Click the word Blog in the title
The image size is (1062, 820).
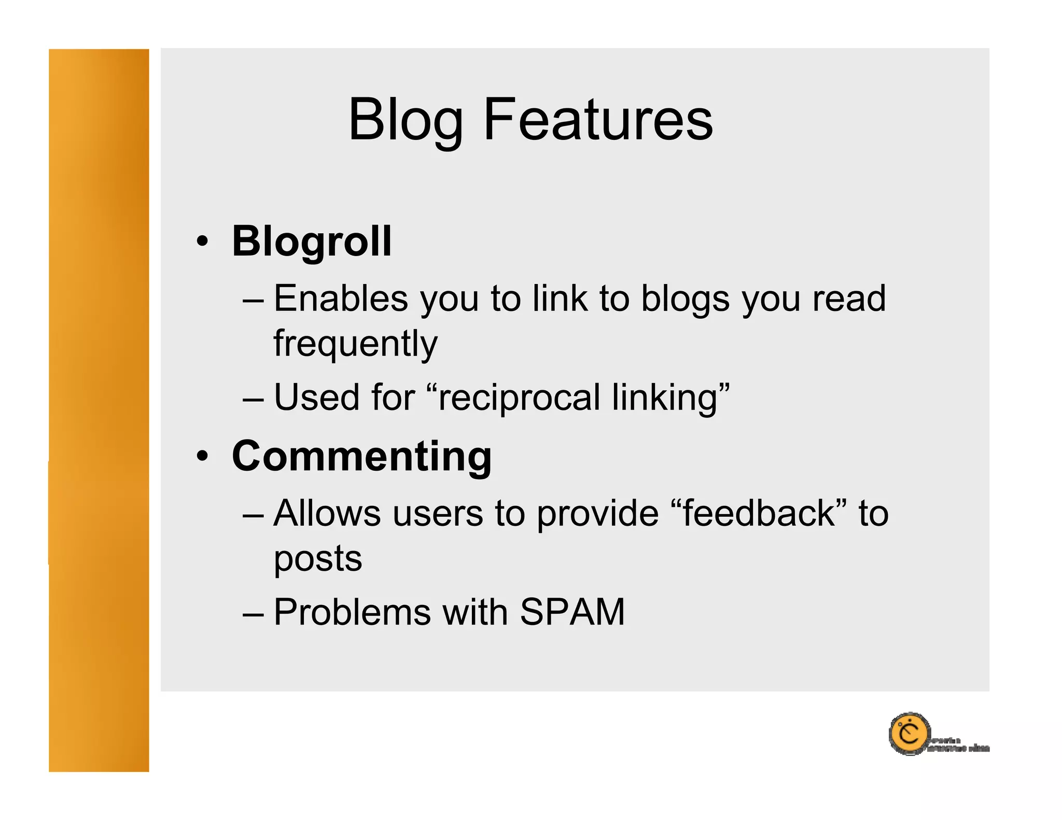(x=406, y=120)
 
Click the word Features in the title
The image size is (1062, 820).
(x=598, y=120)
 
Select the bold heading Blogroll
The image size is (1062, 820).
(x=312, y=242)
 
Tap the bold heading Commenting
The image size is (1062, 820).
(x=361, y=456)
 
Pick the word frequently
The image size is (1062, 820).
(x=355, y=344)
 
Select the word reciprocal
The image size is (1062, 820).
(x=519, y=398)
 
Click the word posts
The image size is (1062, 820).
(x=318, y=560)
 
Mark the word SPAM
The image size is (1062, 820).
(x=572, y=612)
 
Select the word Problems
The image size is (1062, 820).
(x=352, y=612)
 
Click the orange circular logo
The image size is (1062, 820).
(x=909, y=734)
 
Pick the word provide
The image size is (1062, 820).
(x=597, y=514)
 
